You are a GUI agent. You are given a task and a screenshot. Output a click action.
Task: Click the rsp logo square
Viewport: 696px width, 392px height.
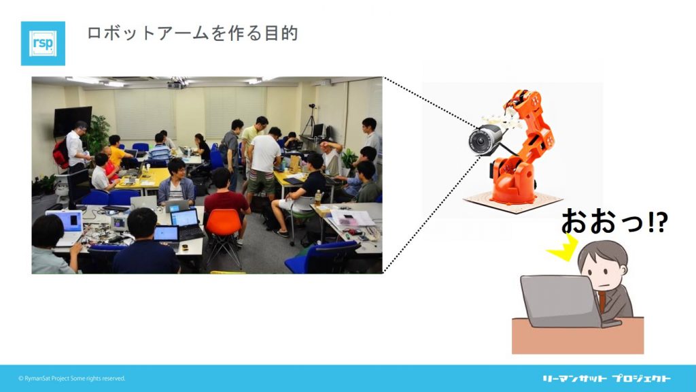click(x=43, y=44)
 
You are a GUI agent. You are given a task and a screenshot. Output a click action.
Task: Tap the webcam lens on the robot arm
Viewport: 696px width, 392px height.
click(x=478, y=142)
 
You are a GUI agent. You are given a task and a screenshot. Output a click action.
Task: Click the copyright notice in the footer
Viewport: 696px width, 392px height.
click(x=72, y=378)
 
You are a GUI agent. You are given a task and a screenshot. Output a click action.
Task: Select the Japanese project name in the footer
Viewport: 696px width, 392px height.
click(x=606, y=378)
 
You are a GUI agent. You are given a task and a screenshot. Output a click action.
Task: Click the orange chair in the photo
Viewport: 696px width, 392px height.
click(x=224, y=235)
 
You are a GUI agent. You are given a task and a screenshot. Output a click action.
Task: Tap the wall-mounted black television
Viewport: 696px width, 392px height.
click(x=73, y=120)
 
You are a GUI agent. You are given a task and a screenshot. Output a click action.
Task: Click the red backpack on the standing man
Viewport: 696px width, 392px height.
click(x=60, y=153)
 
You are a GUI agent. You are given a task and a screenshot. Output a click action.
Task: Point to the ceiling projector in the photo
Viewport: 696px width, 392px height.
click(x=177, y=82)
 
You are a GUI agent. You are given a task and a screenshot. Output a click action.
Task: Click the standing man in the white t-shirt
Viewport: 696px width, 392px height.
click(x=263, y=167)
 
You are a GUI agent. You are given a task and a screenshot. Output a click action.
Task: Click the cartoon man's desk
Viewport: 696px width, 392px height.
click(x=578, y=336)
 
